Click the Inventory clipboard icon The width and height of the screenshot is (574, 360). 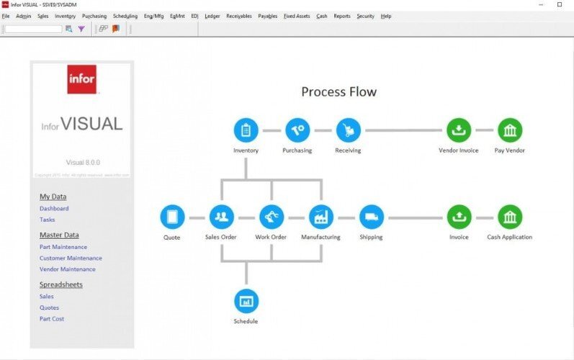pyautogui.click(x=246, y=130)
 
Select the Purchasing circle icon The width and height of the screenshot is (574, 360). pyautogui.click(x=297, y=130)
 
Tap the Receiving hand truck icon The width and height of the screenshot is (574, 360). pyautogui.click(x=348, y=130)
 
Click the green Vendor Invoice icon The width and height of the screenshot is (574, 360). pyautogui.click(x=459, y=130)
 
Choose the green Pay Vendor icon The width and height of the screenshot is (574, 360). pyautogui.click(x=510, y=130)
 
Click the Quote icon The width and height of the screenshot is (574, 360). pyautogui.click(x=172, y=217)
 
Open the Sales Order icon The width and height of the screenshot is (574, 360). pyautogui.click(x=221, y=217)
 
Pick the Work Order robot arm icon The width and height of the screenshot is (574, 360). pyautogui.click(x=272, y=217)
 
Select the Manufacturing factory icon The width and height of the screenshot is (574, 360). pyautogui.click(x=320, y=217)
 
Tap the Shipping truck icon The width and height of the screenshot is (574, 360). pyautogui.click(x=372, y=217)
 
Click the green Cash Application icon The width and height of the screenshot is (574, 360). pyautogui.click(x=510, y=217)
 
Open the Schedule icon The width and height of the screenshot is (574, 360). pyautogui.click(x=246, y=301)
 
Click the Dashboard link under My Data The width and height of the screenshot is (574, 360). pyautogui.click(x=54, y=209)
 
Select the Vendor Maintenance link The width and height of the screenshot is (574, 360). pyautogui.click(x=67, y=269)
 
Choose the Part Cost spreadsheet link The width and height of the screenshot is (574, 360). pyautogui.click(x=52, y=318)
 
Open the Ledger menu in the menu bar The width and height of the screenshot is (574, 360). pyautogui.click(x=212, y=16)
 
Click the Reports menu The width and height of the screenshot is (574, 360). pyautogui.click(x=341, y=16)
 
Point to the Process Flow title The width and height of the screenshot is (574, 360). pyautogui.click(x=338, y=92)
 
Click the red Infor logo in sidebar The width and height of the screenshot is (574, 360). pyautogui.click(x=81, y=79)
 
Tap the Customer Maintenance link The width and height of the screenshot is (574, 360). pyautogui.click(x=71, y=258)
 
